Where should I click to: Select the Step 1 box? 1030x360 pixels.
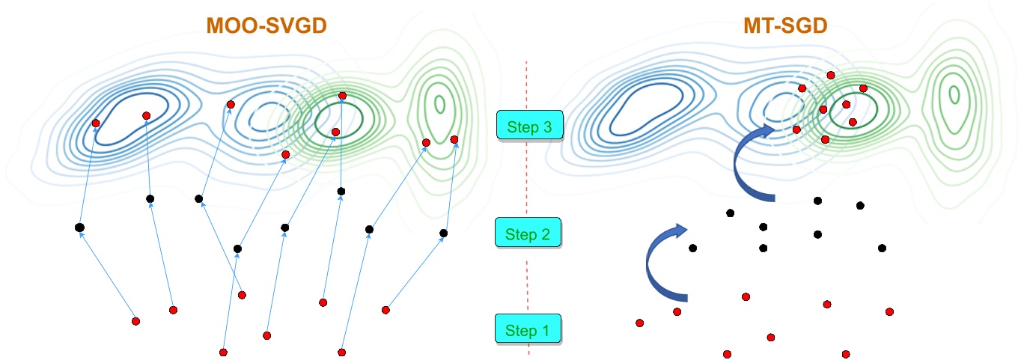pyautogui.click(x=528, y=330)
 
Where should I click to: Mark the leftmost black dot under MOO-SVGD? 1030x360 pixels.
pyautogui.click(x=79, y=227)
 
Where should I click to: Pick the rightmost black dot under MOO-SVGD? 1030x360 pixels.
pyautogui.click(x=443, y=234)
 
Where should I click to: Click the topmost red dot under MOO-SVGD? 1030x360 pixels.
pyautogui.click(x=342, y=96)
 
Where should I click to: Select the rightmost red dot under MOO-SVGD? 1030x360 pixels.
pyautogui.click(x=454, y=139)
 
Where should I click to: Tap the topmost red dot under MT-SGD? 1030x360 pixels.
pyautogui.click(x=830, y=74)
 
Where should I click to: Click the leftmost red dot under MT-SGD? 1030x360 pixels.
pyautogui.click(x=639, y=323)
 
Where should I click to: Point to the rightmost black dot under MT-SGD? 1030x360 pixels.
pyautogui.click(x=882, y=248)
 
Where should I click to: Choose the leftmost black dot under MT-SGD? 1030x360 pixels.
pyautogui.click(x=693, y=248)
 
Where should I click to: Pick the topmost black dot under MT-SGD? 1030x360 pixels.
pyautogui.click(x=817, y=201)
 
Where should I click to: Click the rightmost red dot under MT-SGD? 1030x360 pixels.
pyautogui.click(x=889, y=311)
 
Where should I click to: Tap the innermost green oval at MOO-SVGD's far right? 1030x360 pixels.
pyautogui.click(x=439, y=103)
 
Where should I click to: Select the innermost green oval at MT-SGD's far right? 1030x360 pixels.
pyautogui.click(x=954, y=94)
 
